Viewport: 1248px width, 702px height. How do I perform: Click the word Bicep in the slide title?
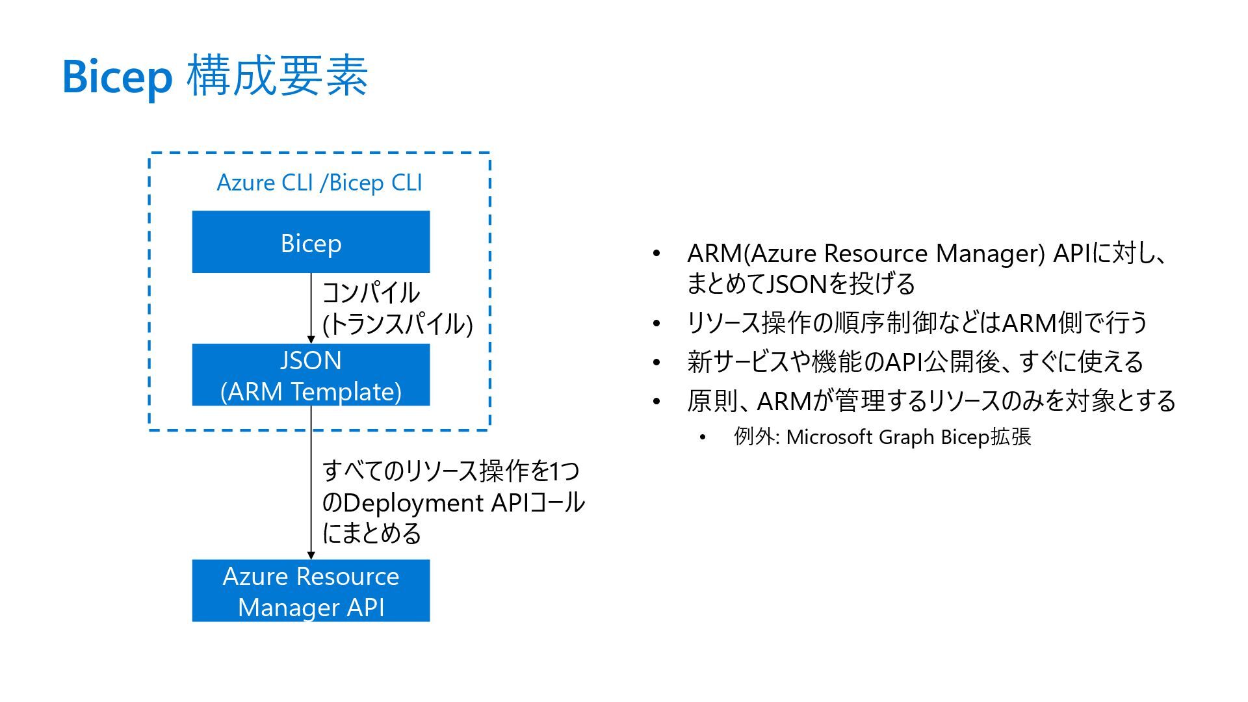point(117,77)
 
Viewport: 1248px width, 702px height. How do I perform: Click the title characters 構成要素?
point(278,76)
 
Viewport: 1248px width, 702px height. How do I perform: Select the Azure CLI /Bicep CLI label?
point(319,183)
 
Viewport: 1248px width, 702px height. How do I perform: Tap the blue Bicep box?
point(311,242)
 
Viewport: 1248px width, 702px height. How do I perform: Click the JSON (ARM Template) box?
point(311,375)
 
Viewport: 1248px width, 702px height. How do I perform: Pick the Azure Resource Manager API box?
point(311,591)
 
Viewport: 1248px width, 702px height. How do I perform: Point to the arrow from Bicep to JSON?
point(311,305)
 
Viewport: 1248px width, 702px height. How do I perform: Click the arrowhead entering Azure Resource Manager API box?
point(311,554)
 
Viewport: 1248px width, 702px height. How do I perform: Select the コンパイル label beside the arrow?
point(371,292)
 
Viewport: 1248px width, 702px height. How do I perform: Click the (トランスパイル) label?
point(397,324)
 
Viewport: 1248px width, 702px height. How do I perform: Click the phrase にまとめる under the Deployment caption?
point(372,534)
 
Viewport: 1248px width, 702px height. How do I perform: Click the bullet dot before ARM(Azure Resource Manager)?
point(656,253)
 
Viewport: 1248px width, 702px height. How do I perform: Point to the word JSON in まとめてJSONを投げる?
point(797,284)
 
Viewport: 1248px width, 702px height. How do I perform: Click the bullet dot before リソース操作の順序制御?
point(656,323)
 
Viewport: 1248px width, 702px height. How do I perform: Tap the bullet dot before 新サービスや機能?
point(656,362)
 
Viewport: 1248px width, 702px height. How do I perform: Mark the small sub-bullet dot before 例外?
point(703,437)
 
